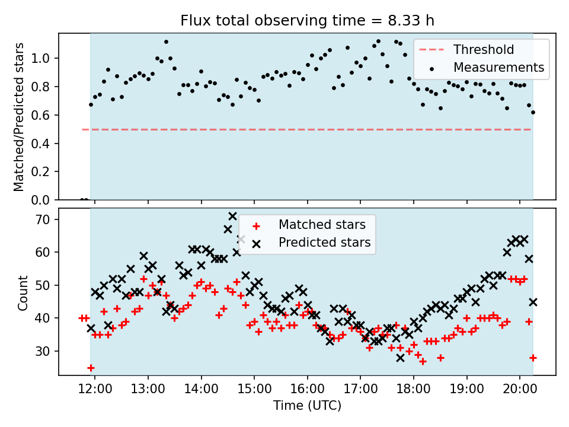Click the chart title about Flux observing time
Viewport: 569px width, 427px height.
coord(308,21)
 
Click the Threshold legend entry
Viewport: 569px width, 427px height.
coord(484,50)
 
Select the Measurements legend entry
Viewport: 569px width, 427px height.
coord(498,68)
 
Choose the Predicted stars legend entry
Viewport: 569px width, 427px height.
coord(324,243)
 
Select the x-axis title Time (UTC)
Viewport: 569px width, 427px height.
coord(307,406)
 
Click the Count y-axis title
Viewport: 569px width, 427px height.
coord(23,292)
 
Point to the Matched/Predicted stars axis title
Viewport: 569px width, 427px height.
coord(19,117)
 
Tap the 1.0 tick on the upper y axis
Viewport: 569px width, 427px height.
coord(44,58)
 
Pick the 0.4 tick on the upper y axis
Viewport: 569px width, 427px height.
coord(44,144)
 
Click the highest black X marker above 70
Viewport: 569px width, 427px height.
coord(232,216)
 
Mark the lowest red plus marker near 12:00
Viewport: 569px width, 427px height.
coord(91,368)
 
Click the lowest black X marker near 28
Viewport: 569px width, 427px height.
coord(400,358)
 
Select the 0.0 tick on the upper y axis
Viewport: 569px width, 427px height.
coord(44,200)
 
